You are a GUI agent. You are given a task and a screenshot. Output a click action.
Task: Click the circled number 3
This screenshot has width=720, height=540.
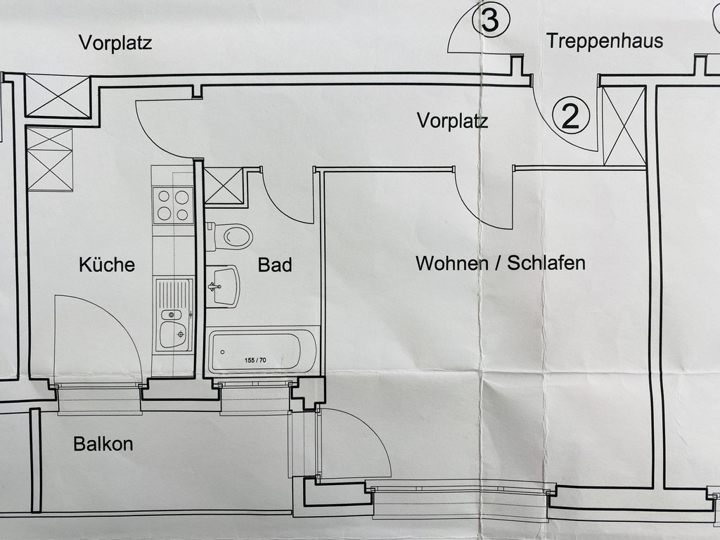pos(489,21)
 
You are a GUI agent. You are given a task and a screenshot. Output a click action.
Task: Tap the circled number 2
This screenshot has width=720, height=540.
pos(570,116)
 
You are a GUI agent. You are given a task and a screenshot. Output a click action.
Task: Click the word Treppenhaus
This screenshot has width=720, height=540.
pos(605,41)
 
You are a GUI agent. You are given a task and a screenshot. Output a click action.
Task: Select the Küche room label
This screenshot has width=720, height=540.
pos(106,265)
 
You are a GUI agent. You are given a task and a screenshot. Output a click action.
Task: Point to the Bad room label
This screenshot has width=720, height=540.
pos(275,265)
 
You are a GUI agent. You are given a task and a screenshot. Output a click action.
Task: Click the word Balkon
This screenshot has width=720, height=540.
pos(103,444)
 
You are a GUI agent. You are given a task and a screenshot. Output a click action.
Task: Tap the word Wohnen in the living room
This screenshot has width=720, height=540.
pos(452,264)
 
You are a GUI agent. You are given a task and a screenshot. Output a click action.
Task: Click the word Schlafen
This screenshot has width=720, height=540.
pos(546,264)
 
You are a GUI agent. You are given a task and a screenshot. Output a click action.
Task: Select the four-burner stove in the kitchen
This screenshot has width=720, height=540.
pos(173,205)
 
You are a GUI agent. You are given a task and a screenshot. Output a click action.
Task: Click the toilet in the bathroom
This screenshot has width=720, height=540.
pos(232,236)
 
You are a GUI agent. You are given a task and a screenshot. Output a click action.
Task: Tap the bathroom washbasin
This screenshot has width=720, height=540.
pos(224,286)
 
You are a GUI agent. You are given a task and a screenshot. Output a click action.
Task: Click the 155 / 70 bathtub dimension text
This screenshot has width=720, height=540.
pos(255,361)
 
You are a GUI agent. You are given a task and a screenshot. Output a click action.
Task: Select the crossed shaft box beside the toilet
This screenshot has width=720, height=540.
pos(224,186)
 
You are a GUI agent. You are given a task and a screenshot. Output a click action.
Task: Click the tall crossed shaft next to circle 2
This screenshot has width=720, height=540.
pos(624,126)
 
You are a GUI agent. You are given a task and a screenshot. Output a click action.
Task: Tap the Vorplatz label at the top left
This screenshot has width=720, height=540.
pos(115,43)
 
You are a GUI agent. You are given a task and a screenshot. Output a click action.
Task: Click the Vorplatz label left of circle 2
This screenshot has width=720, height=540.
pos(452,120)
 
